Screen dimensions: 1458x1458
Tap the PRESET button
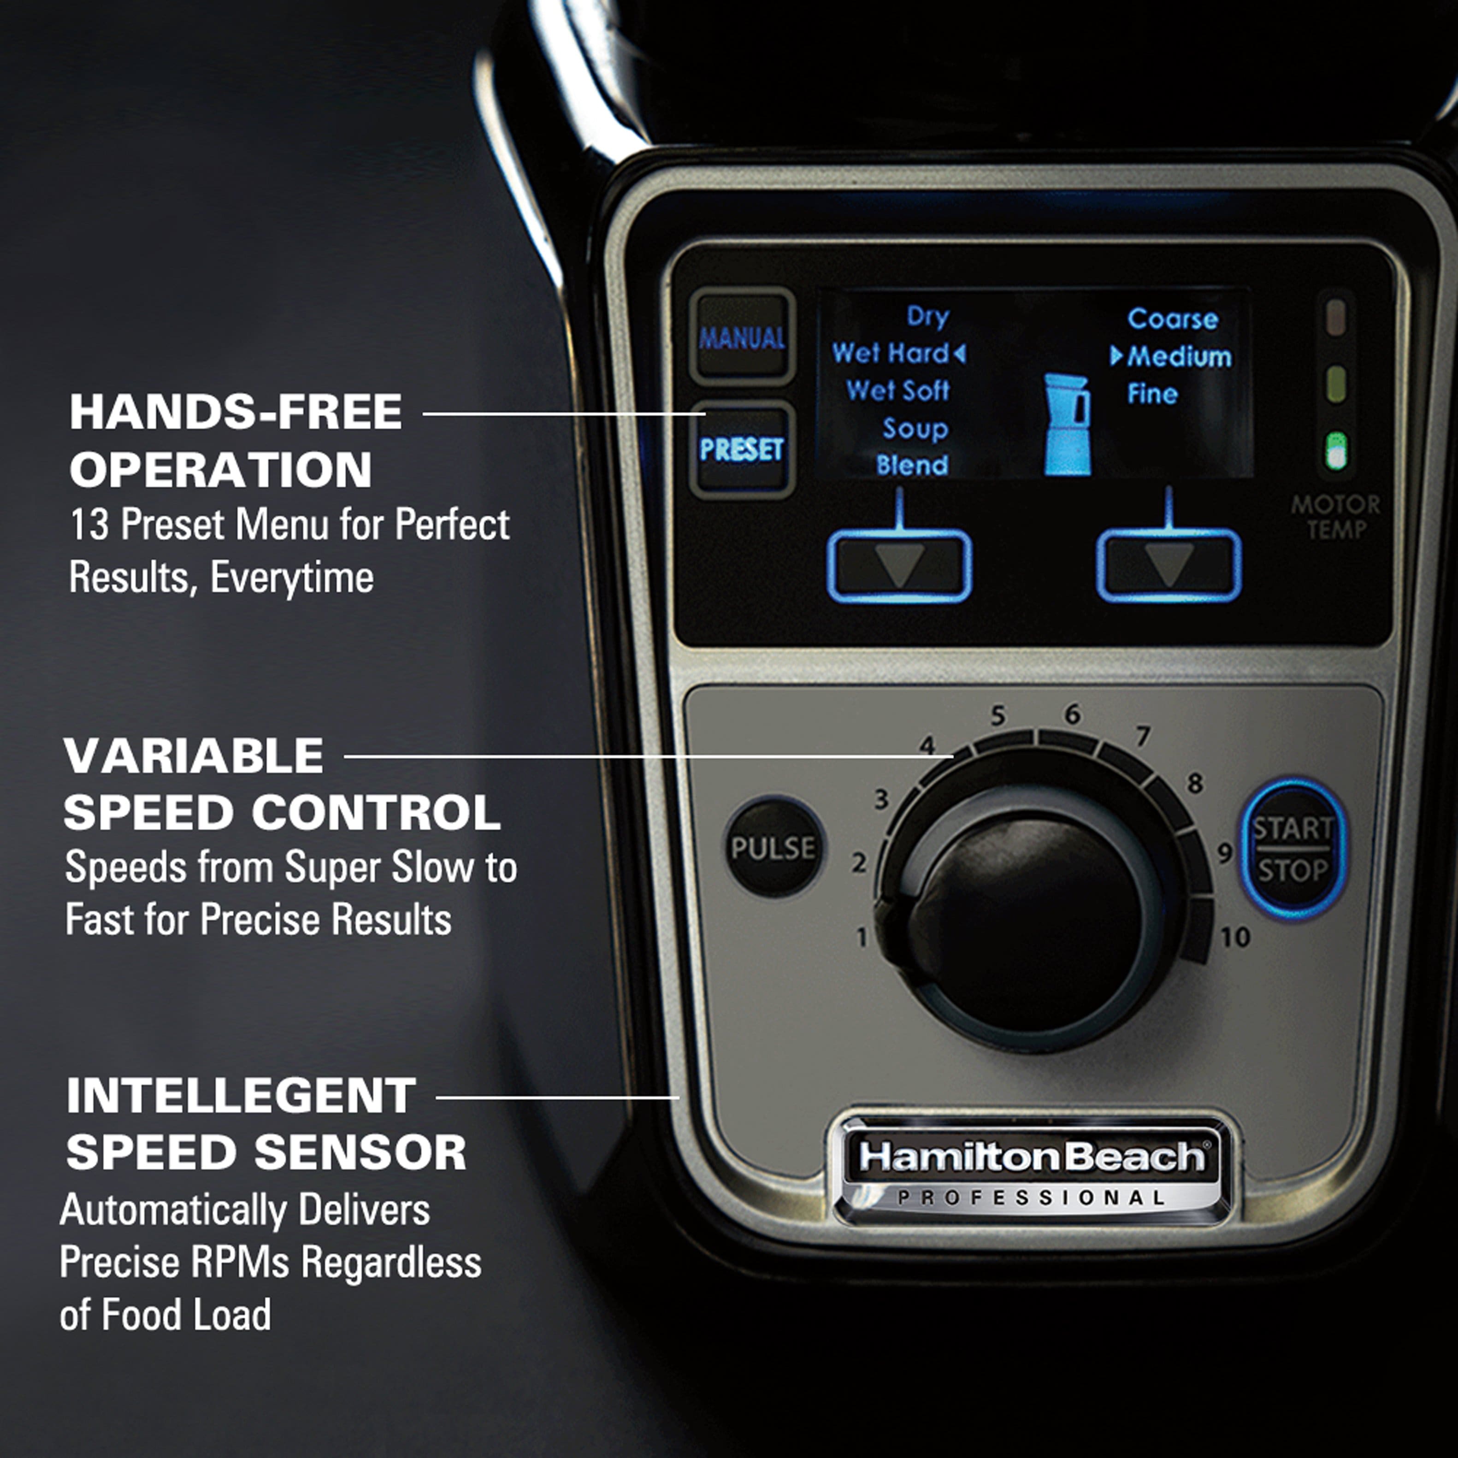point(741,450)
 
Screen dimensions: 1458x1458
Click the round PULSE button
point(773,848)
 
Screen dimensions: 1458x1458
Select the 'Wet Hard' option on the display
point(891,353)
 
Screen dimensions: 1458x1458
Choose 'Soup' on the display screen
point(915,429)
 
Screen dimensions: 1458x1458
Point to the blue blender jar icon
point(1067,425)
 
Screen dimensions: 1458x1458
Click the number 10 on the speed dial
point(1234,937)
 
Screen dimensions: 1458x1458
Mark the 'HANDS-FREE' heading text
point(236,412)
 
